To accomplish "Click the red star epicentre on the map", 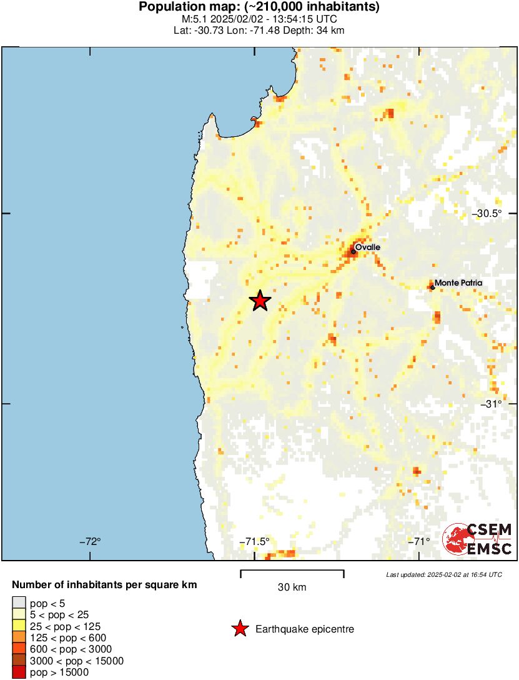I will (x=260, y=301).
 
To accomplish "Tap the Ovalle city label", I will (x=367, y=247).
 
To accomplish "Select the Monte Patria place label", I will (x=458, y=283).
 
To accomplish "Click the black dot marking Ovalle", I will (x=353, y=252).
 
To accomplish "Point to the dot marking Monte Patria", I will (x=432, y=287).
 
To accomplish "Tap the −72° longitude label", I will (x=90, y=541).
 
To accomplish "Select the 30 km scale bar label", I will (x=292, y=587).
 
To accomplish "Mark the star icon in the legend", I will (x=239, y=629).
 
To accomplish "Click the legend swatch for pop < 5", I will (x=19, y=603).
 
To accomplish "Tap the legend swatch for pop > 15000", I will (x=19, y=672).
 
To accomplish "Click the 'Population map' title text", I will (x=259, y=7).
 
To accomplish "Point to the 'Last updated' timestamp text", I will (x=443, y=574).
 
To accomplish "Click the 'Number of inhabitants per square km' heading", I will (x=105, y=586).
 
